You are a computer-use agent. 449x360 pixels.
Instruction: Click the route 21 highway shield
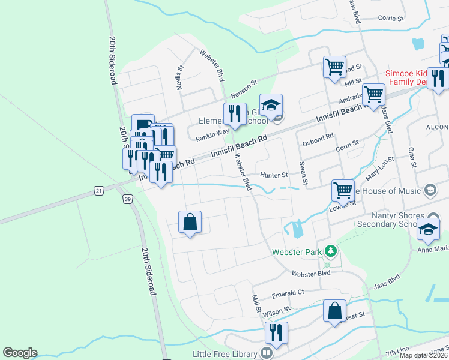coord(98,190)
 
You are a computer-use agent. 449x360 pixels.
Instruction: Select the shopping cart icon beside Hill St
coord(334,67)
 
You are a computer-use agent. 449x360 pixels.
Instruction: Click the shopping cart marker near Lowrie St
coord(343,190)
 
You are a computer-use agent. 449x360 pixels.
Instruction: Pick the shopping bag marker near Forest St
coord(334,311)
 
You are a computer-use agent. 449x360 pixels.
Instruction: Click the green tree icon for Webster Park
coord(329,250)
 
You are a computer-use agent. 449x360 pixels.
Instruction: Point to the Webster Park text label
coord(297,253)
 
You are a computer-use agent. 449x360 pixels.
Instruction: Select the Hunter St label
coord(274,175)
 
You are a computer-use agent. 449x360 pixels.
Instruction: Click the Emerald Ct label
coord(289,293)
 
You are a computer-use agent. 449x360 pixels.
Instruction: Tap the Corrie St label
coord(391,18)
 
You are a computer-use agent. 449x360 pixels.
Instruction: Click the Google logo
coord(20,353)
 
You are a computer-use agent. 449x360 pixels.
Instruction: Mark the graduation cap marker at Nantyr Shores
coord(428,229)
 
